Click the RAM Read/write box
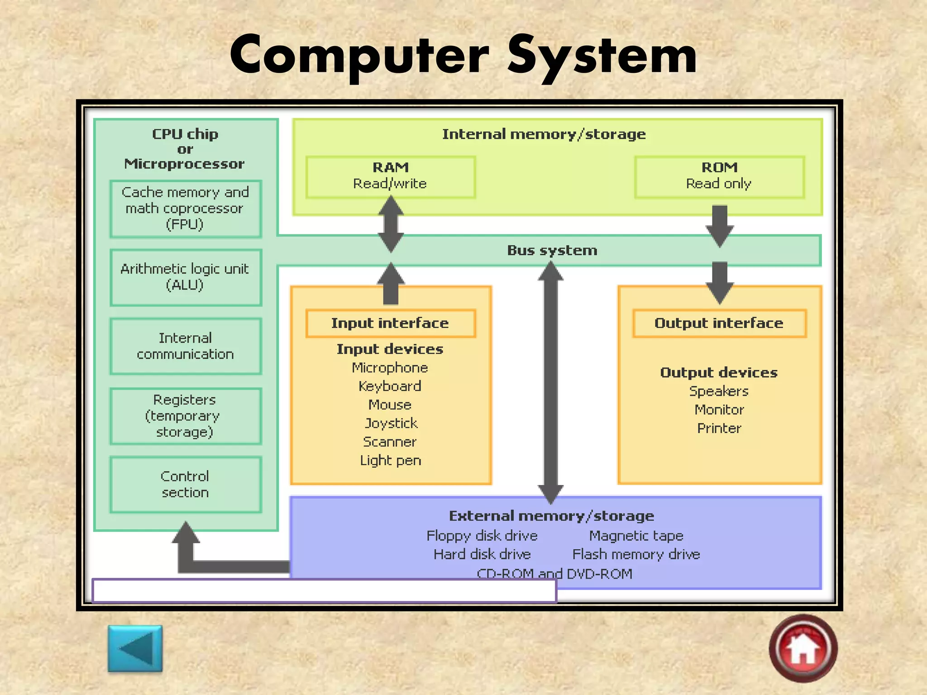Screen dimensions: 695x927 390,177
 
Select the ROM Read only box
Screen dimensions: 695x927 719,177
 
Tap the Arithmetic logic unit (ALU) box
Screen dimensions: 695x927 186,277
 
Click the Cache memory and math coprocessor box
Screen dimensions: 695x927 186,209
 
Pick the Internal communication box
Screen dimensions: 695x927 186,346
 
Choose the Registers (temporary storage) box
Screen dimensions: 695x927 186,416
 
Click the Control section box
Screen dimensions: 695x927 186,485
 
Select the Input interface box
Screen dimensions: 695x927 390,323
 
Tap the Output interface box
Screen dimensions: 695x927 719,323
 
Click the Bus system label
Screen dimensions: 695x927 552,250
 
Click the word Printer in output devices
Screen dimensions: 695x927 719,428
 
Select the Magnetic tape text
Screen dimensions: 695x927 636,536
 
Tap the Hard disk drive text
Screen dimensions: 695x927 482,554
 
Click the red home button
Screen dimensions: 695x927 803,648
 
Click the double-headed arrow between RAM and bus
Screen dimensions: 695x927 391,224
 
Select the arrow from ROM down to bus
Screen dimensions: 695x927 719,225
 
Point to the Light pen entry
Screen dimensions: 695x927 391,460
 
